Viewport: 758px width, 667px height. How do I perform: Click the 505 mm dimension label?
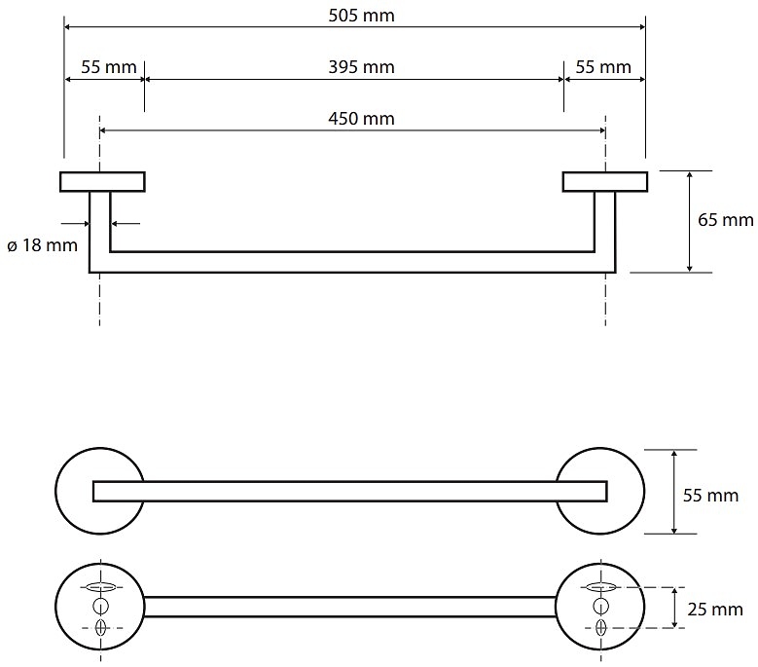(x=355, y=15)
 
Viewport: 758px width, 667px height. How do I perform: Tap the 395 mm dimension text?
(x=355, y=67)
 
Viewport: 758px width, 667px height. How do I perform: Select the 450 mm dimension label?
(x=355, y=119)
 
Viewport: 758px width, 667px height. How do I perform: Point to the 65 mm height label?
(x=726, y=220)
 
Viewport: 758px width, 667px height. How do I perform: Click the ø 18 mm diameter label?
(x=41, y=245)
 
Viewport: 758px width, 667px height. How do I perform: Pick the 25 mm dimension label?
(x=714, y=611)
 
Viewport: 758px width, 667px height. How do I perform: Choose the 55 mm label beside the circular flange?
(x=710, y=497)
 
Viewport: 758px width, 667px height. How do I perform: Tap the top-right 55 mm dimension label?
(x=603, y=67)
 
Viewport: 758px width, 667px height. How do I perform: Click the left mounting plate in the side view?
(x=102, y=182)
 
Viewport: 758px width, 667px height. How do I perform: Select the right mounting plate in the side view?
(x=604, y=182)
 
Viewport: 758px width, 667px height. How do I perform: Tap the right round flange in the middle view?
(x=623, y=491)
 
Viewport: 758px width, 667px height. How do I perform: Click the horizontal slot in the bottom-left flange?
(x=100, y=586)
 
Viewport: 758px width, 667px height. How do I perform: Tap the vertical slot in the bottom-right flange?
(x=599, y=628)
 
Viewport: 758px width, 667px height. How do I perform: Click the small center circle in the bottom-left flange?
(x=100, y=607)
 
